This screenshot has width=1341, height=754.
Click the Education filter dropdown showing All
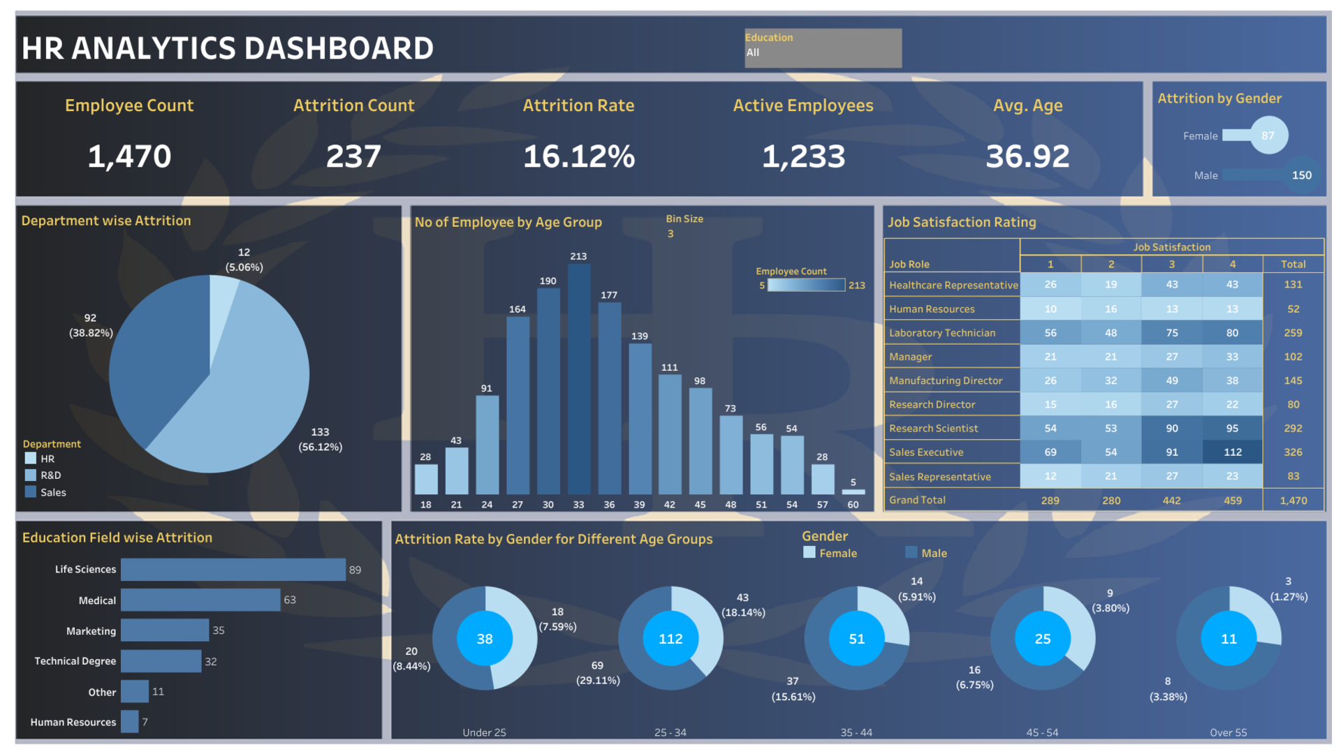pyautogui.click(x=823, y=52)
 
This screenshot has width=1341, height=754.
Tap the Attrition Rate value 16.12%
pyautogui.click(x=578, y=156)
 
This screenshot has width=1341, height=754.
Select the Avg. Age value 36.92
pyautogui.click(x=1027, y=156)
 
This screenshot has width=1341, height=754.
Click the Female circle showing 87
pyautogui.click(x=1268, y=135)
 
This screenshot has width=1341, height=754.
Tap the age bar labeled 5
pyautogui.click(x=853, y=491)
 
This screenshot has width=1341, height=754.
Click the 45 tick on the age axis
pyautogui.click(x=700, y=505)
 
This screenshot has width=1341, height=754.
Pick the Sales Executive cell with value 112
pyautogui.click(x=1232, y=452)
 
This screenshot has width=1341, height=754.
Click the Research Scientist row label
pyautogui.click(x=933, y=429)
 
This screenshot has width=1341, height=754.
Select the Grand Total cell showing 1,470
pyautogui.click(x=1293, y=501)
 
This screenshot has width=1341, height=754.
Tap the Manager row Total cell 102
pyautogui.click(x=1293, y=357)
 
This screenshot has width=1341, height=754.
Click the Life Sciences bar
pyautogui.click(x=233, y=570)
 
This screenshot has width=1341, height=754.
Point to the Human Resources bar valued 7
pyautogui.click(x=129, y=722)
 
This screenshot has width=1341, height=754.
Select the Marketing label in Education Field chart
pyautogui.click(x=91, y=631)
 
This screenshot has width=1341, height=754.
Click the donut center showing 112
pyautogui.click(x=670, y=639)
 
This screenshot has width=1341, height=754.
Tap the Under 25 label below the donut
pyautogui.click(x=484, y=732)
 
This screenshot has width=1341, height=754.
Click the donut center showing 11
pyautogui.click(x=1229, y=639)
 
